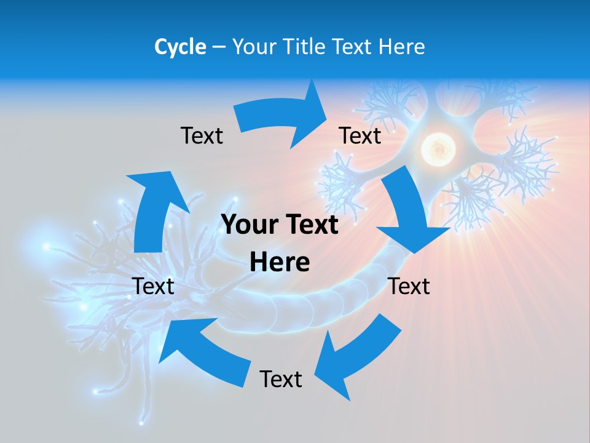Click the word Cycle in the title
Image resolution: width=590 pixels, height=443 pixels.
point(180,47)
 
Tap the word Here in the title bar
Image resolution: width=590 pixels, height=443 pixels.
point(403,47)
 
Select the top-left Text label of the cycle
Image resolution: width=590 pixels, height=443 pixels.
point(202,135)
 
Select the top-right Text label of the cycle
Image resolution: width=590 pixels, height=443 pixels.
point(360,135)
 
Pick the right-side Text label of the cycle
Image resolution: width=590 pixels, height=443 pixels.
point(409,286)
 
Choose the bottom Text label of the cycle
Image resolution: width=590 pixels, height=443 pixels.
point(281,379)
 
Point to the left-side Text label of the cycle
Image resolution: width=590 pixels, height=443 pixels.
point(153,286)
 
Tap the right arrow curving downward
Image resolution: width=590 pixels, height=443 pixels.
point(409,209)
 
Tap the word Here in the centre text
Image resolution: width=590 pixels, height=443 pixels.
point(280,263)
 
